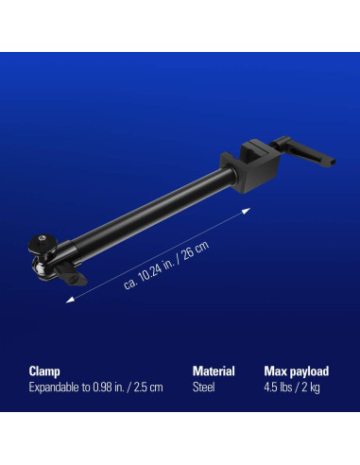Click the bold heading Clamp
pos(44,371)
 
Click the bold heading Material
pos(214,371)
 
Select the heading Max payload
pos(296,371)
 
